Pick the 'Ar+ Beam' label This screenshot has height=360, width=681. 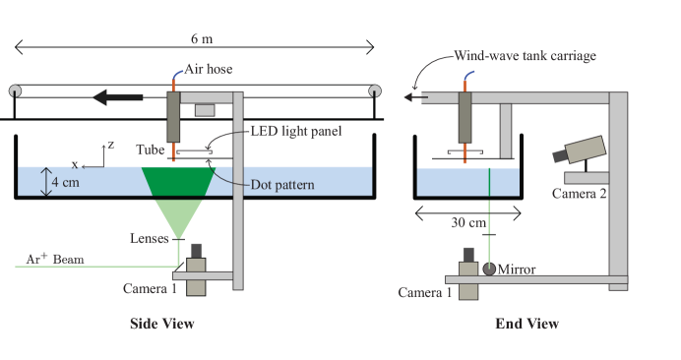57,260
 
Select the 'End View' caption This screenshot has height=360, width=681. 526,323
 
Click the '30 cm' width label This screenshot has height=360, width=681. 466,222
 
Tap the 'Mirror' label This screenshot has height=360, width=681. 517,269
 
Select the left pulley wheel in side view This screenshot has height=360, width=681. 15,91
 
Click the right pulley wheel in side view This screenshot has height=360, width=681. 374,91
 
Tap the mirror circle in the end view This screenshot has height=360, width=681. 489,268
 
